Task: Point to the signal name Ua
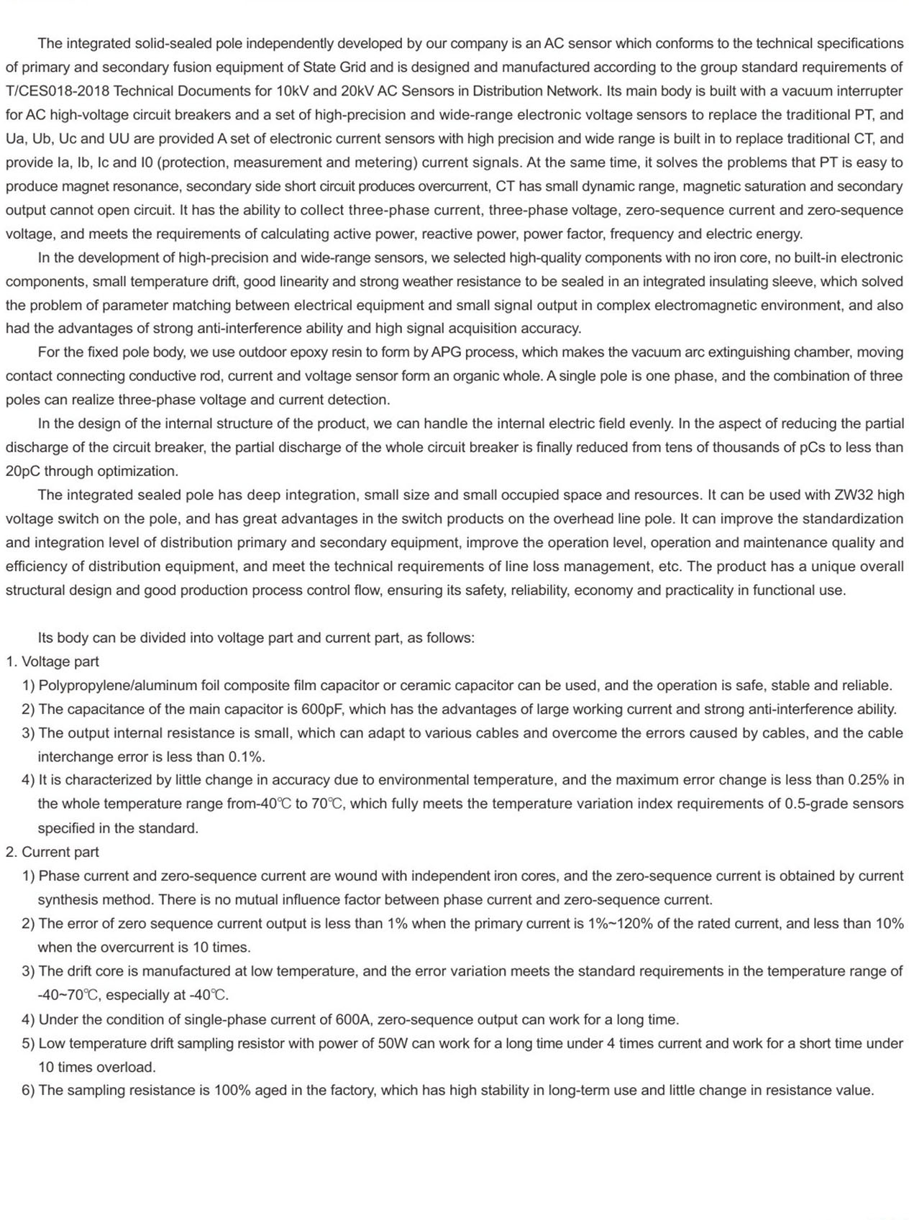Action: [x=15, y=139]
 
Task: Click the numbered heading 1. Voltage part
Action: [x=52, y=661]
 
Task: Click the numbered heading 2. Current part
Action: [x=52, y=852]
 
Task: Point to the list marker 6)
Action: [x=28, y=1091]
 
